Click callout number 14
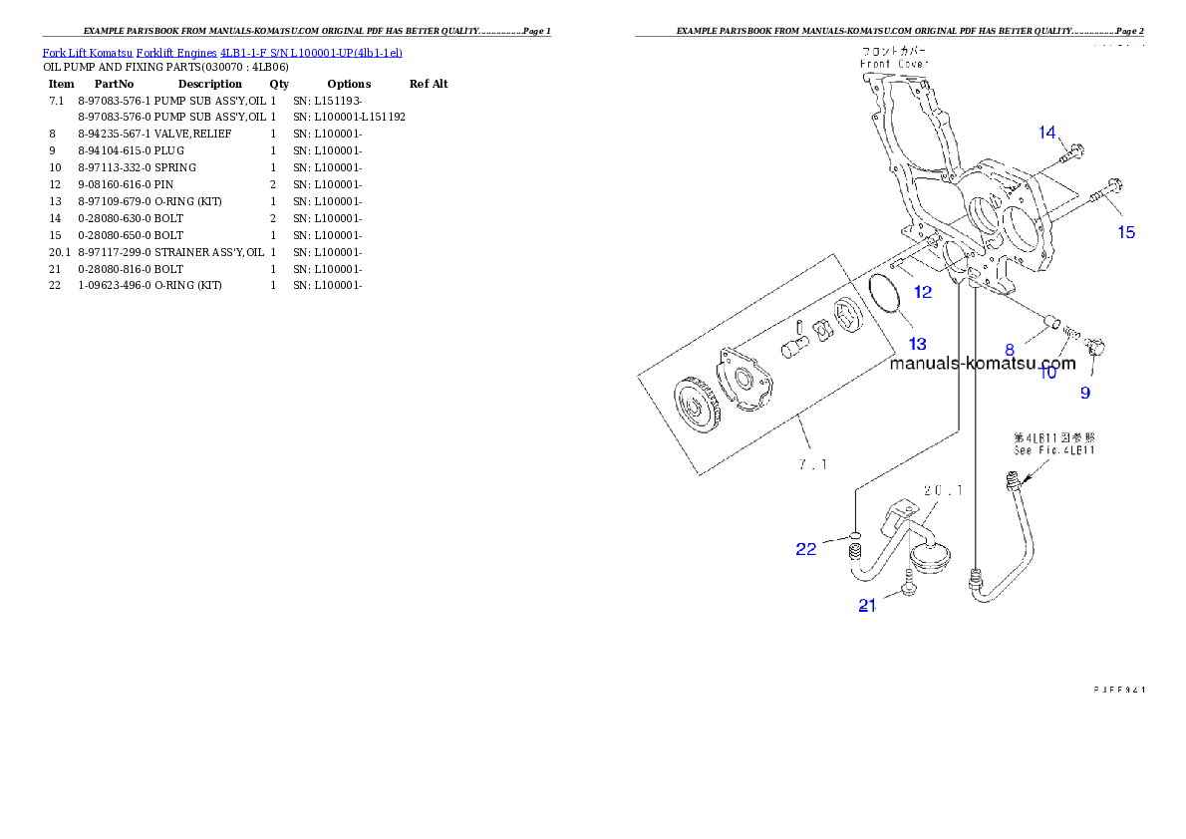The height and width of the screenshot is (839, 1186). click(x=1046, y=133)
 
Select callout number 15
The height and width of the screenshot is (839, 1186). click(x=1125, y=232)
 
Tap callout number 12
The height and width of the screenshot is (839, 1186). click(x=923, y=292)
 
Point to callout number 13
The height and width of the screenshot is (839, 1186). click(x=917, y=344)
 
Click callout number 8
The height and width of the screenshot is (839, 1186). click(x=1010, y=350)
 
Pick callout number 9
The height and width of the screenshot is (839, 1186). click(x=1085, y=393)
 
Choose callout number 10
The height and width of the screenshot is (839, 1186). click(x=1047, y=373)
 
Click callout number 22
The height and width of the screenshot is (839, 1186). click(x=805, y=548)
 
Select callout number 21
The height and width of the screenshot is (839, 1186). click(x=867, y=605)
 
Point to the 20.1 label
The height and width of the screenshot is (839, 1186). click(x=943, y=490)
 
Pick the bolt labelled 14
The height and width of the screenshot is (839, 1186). click(x=1071, y=153)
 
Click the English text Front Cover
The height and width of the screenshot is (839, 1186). click(x=895, y=64)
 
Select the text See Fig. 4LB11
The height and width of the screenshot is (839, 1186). click(x=1053, y=450)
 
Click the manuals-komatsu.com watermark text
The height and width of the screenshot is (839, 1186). click(x=982, y=363)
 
